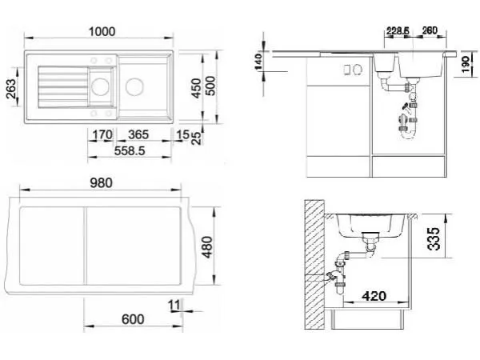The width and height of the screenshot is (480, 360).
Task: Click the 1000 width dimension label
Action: (102, 31)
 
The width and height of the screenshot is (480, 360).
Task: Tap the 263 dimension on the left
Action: (11, 89)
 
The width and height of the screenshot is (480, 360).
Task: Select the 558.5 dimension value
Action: (129, 151)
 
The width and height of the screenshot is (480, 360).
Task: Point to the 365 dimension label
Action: (138, 134)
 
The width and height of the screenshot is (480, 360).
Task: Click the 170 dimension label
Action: (102, 134)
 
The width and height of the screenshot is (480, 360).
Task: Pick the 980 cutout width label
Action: (102, 183)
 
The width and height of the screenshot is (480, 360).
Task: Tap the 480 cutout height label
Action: (207, 247)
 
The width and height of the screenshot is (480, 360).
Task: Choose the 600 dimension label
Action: (133, 319)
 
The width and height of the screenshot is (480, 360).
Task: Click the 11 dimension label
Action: (174, 305)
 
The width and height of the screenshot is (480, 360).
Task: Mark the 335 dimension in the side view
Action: (434, 238)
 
